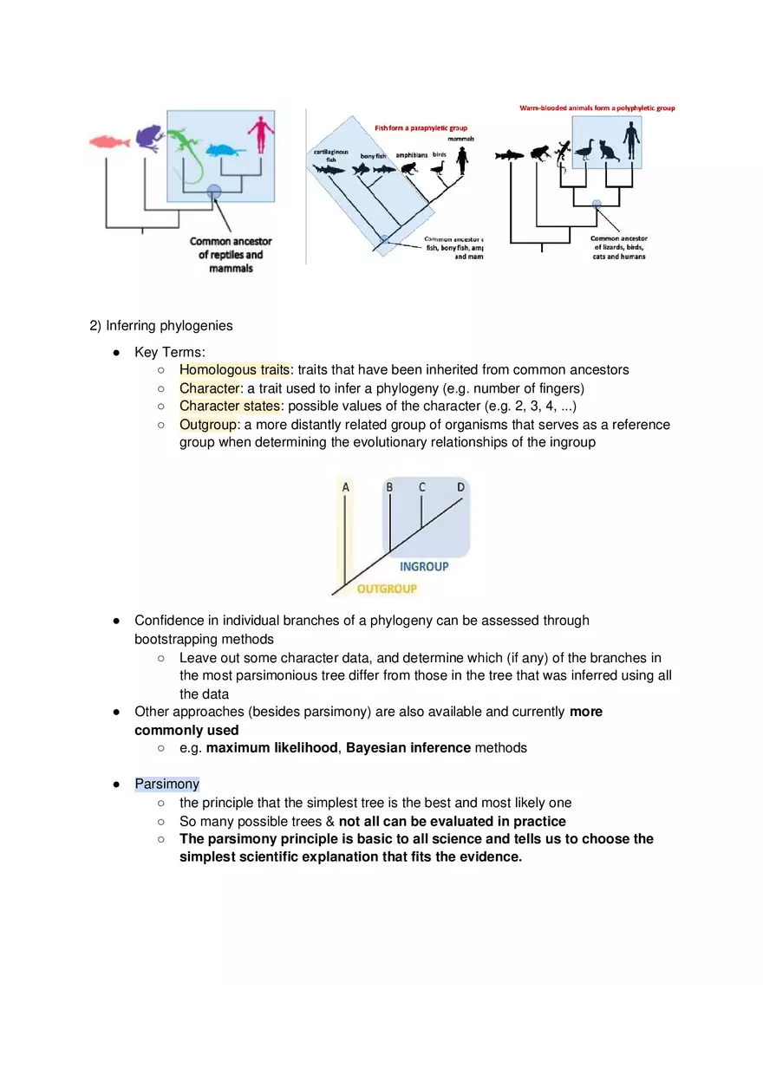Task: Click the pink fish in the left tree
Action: (x=109, y=140)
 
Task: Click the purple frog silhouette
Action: (x=149, y=137)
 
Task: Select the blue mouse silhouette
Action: (x=224, y=149)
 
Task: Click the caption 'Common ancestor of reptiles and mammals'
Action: (x=231, y=255)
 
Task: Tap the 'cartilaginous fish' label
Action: (x=330, y=155)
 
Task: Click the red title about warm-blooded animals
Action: (x=597, y=108)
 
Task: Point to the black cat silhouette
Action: (x=607, y=151)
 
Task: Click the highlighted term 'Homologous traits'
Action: (x=234, y=369)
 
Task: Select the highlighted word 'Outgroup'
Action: (x=208, y=425)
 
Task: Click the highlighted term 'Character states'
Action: (x=230, y=406)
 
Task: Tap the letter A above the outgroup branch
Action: (x=346, y=487)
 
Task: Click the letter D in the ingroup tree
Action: (x=460, y=487)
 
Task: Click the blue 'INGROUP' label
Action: (x=424, y=566)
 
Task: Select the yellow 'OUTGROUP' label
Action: (x=387, y=589)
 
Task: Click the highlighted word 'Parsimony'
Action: (x=167, y=784)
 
